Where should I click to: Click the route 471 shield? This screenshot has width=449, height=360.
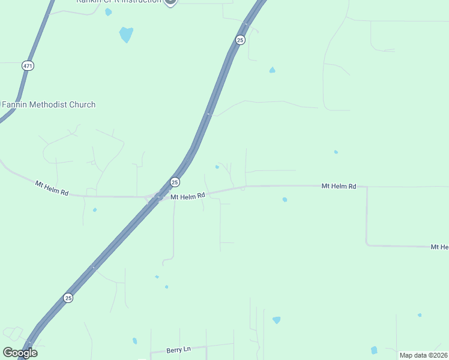pyautogui.click(x=28, y=65)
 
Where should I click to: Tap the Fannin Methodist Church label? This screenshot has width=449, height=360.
pyautogui.click(x=49, y=104)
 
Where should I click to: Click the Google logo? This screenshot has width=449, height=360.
pyautogui.click(x=19, y=353)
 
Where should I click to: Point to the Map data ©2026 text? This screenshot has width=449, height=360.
pyautogui.click(x=423, y=355)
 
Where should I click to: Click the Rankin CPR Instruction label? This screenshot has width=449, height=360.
pyautogui.click(x=119, y=2)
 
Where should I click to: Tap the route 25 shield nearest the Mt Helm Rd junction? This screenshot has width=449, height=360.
pyautogui.click(x=174, y=182)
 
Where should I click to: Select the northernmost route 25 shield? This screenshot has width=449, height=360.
pyautogui.click(x=240, y=40)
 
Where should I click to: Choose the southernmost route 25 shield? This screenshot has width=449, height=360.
pyautogui.click(x=68, y=298)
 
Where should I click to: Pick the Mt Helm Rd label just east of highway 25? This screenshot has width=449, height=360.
pyautogui.click(x=188, y=196)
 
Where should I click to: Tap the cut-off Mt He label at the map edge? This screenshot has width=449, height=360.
pyautogui.click(x=440, y=247)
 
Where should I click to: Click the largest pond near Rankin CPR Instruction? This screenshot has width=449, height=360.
pyautogui.click(x=126, y=34)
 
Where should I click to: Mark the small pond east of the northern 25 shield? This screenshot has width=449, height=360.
pyautogui.click(x=273, y=70)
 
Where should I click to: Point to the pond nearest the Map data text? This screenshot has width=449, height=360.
pyautogui.click(x=374, y=350)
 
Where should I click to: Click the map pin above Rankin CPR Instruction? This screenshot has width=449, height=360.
pyautogui.click(x=170, y=1)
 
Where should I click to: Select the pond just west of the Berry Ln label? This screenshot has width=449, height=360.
pyautogui.click(x=134, y=341)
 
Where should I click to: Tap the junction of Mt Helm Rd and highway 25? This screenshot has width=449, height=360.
pyautogui.click(x=157, y=196)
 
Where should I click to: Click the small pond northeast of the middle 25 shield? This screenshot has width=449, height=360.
pyautogui.click(x=217, y=167)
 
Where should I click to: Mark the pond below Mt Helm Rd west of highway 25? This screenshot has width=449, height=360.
pyautogui.click(x=95, y=210)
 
